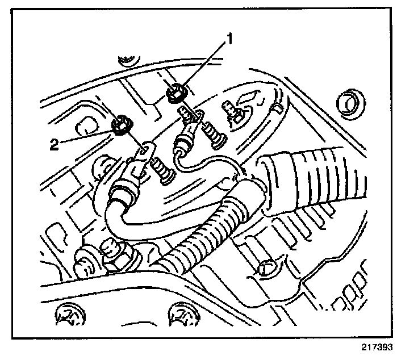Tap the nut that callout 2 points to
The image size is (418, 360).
click(120, 125)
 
